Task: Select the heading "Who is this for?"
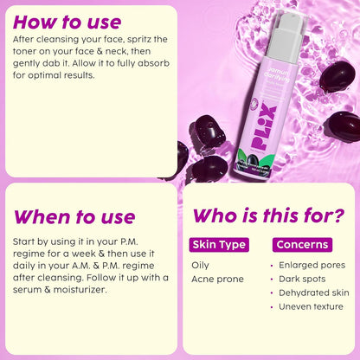point(267,215)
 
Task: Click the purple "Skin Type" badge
point(220,245)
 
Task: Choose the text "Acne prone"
point(217,279)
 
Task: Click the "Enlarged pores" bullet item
point(311,265)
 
